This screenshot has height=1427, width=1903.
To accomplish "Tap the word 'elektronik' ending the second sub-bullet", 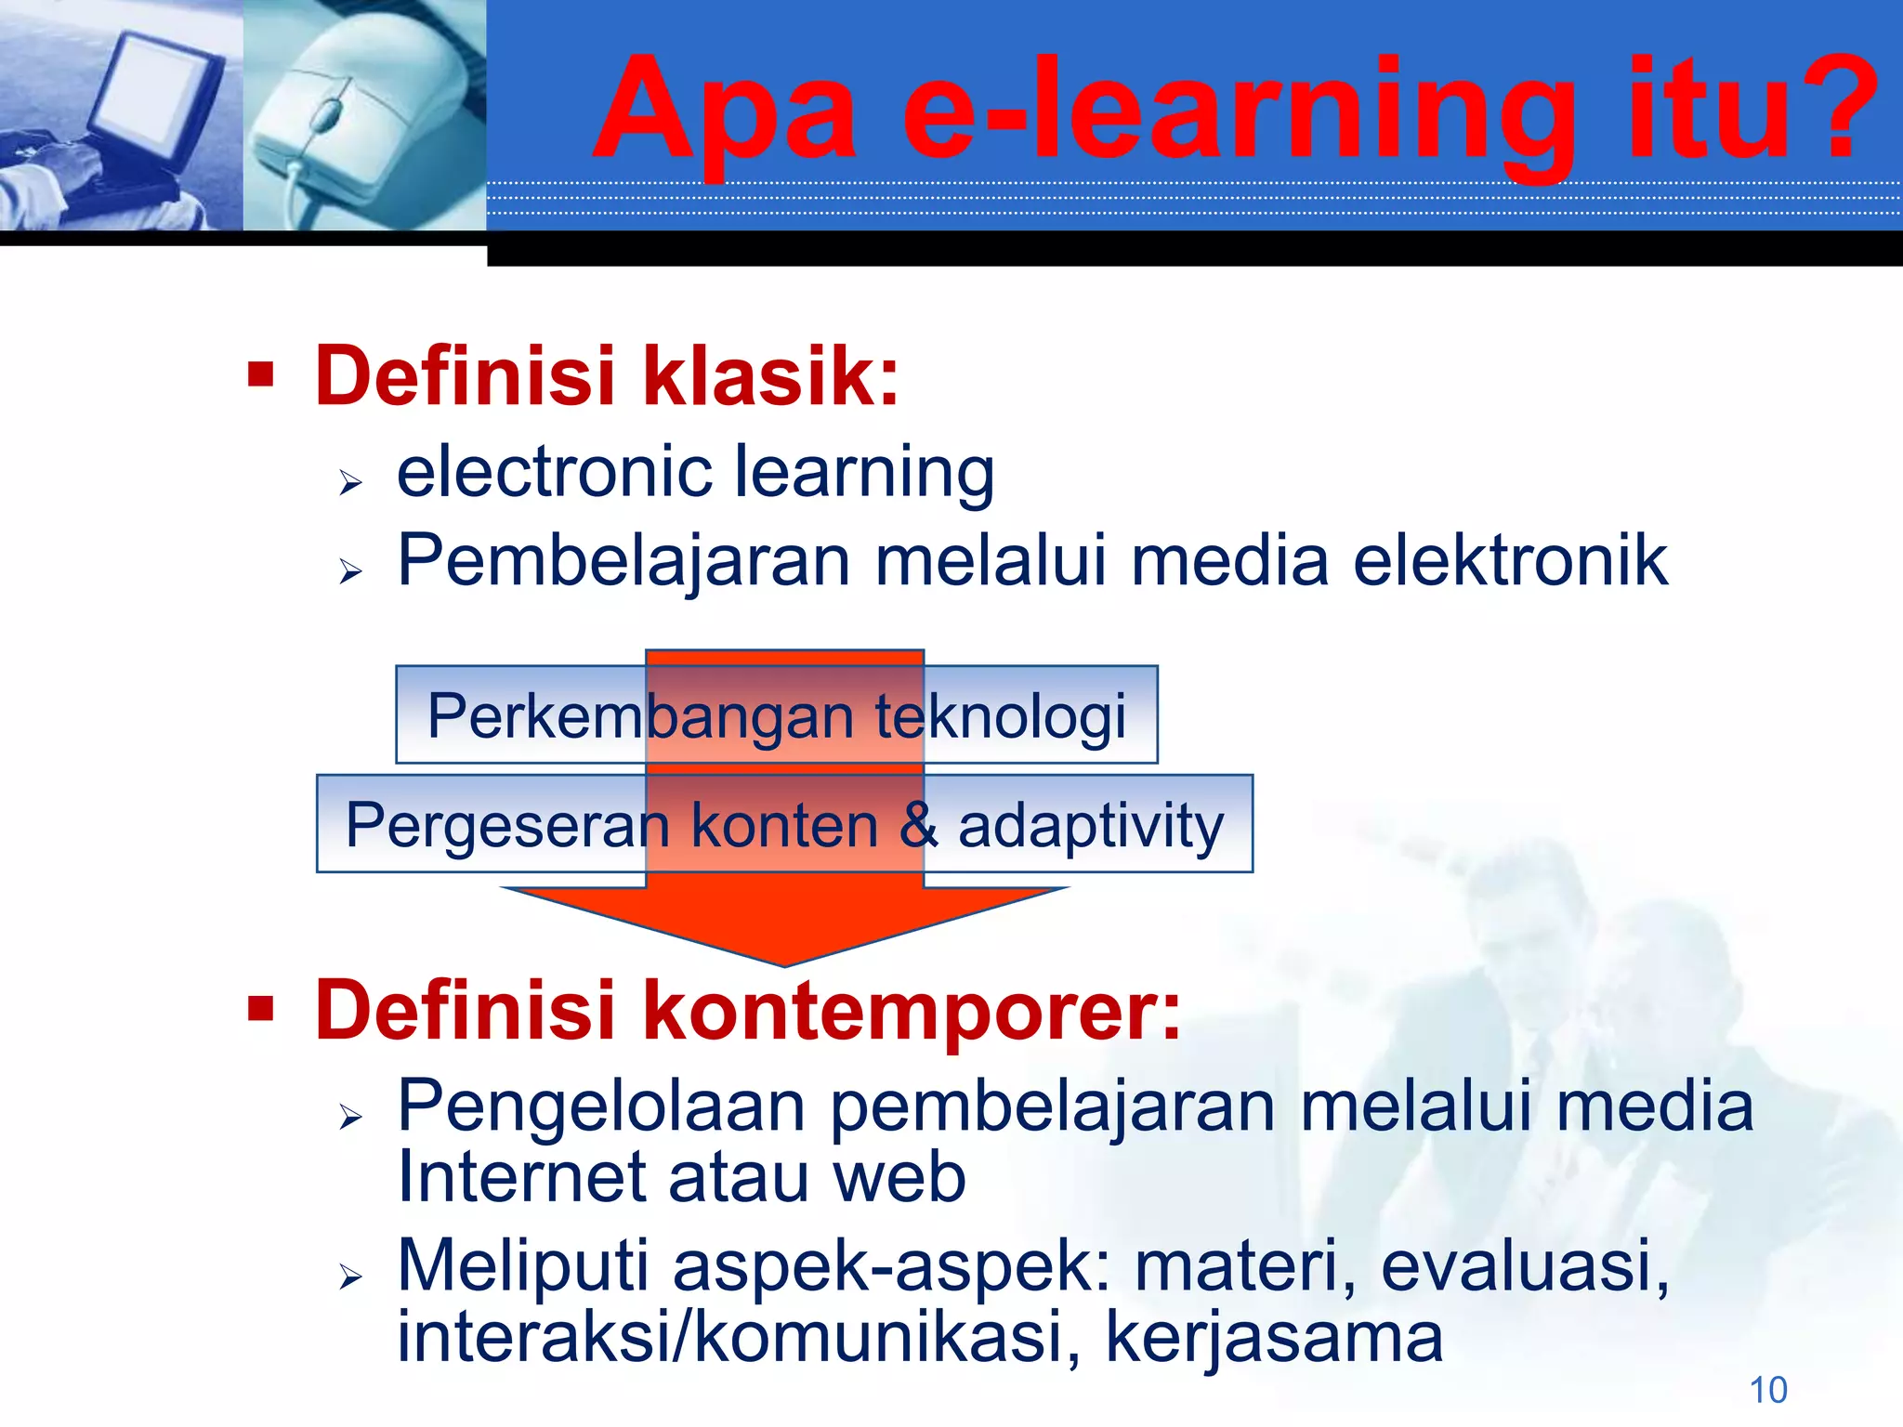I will (x=1510, y=561).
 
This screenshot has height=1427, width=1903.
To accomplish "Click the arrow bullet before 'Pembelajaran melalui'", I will (x=350, y=570).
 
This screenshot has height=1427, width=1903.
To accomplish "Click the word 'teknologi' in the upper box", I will (x=1001, y=716).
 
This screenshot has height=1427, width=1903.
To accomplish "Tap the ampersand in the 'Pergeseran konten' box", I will (x=918, y=825).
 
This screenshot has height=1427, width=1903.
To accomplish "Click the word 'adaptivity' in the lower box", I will (x=1091, y=825).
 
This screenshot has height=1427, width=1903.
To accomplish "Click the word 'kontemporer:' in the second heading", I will (x=912, y=1011).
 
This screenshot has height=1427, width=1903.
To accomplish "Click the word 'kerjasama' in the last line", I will (x=1274, y=1338).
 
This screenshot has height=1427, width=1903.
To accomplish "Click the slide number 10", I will (x=1768, y=1391).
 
